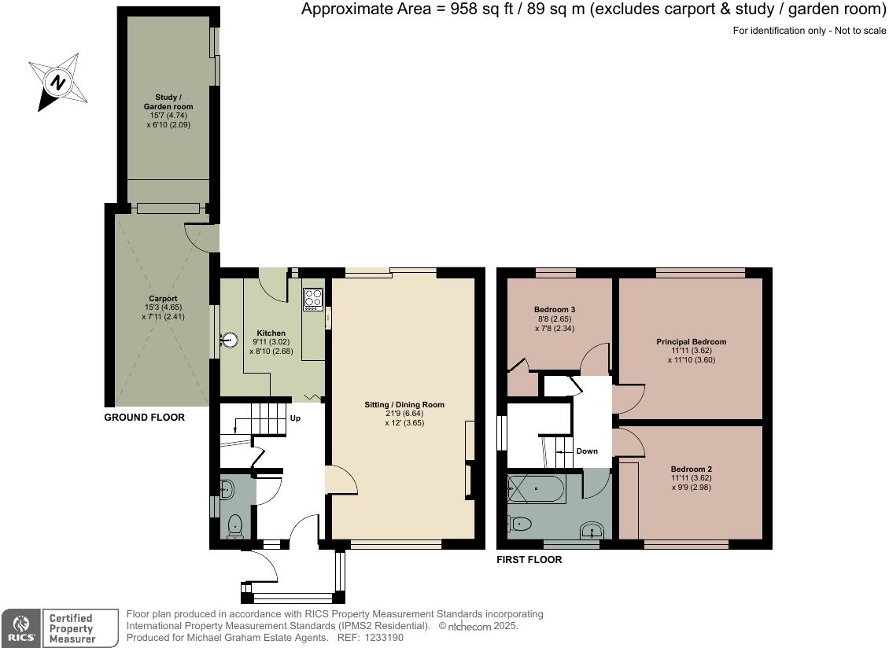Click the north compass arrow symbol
58,83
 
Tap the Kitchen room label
271,333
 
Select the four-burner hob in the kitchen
314,300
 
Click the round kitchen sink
230,341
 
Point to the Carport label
164,298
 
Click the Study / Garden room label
168,101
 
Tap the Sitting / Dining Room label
404,405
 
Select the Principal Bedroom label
691,342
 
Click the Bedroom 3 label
555,310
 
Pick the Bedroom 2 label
691,469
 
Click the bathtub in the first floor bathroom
537,488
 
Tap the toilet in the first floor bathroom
518,523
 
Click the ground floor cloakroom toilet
234,526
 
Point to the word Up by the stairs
295,418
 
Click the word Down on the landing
587,451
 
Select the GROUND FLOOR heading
145,418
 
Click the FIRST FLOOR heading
529,560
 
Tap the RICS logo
21,628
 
